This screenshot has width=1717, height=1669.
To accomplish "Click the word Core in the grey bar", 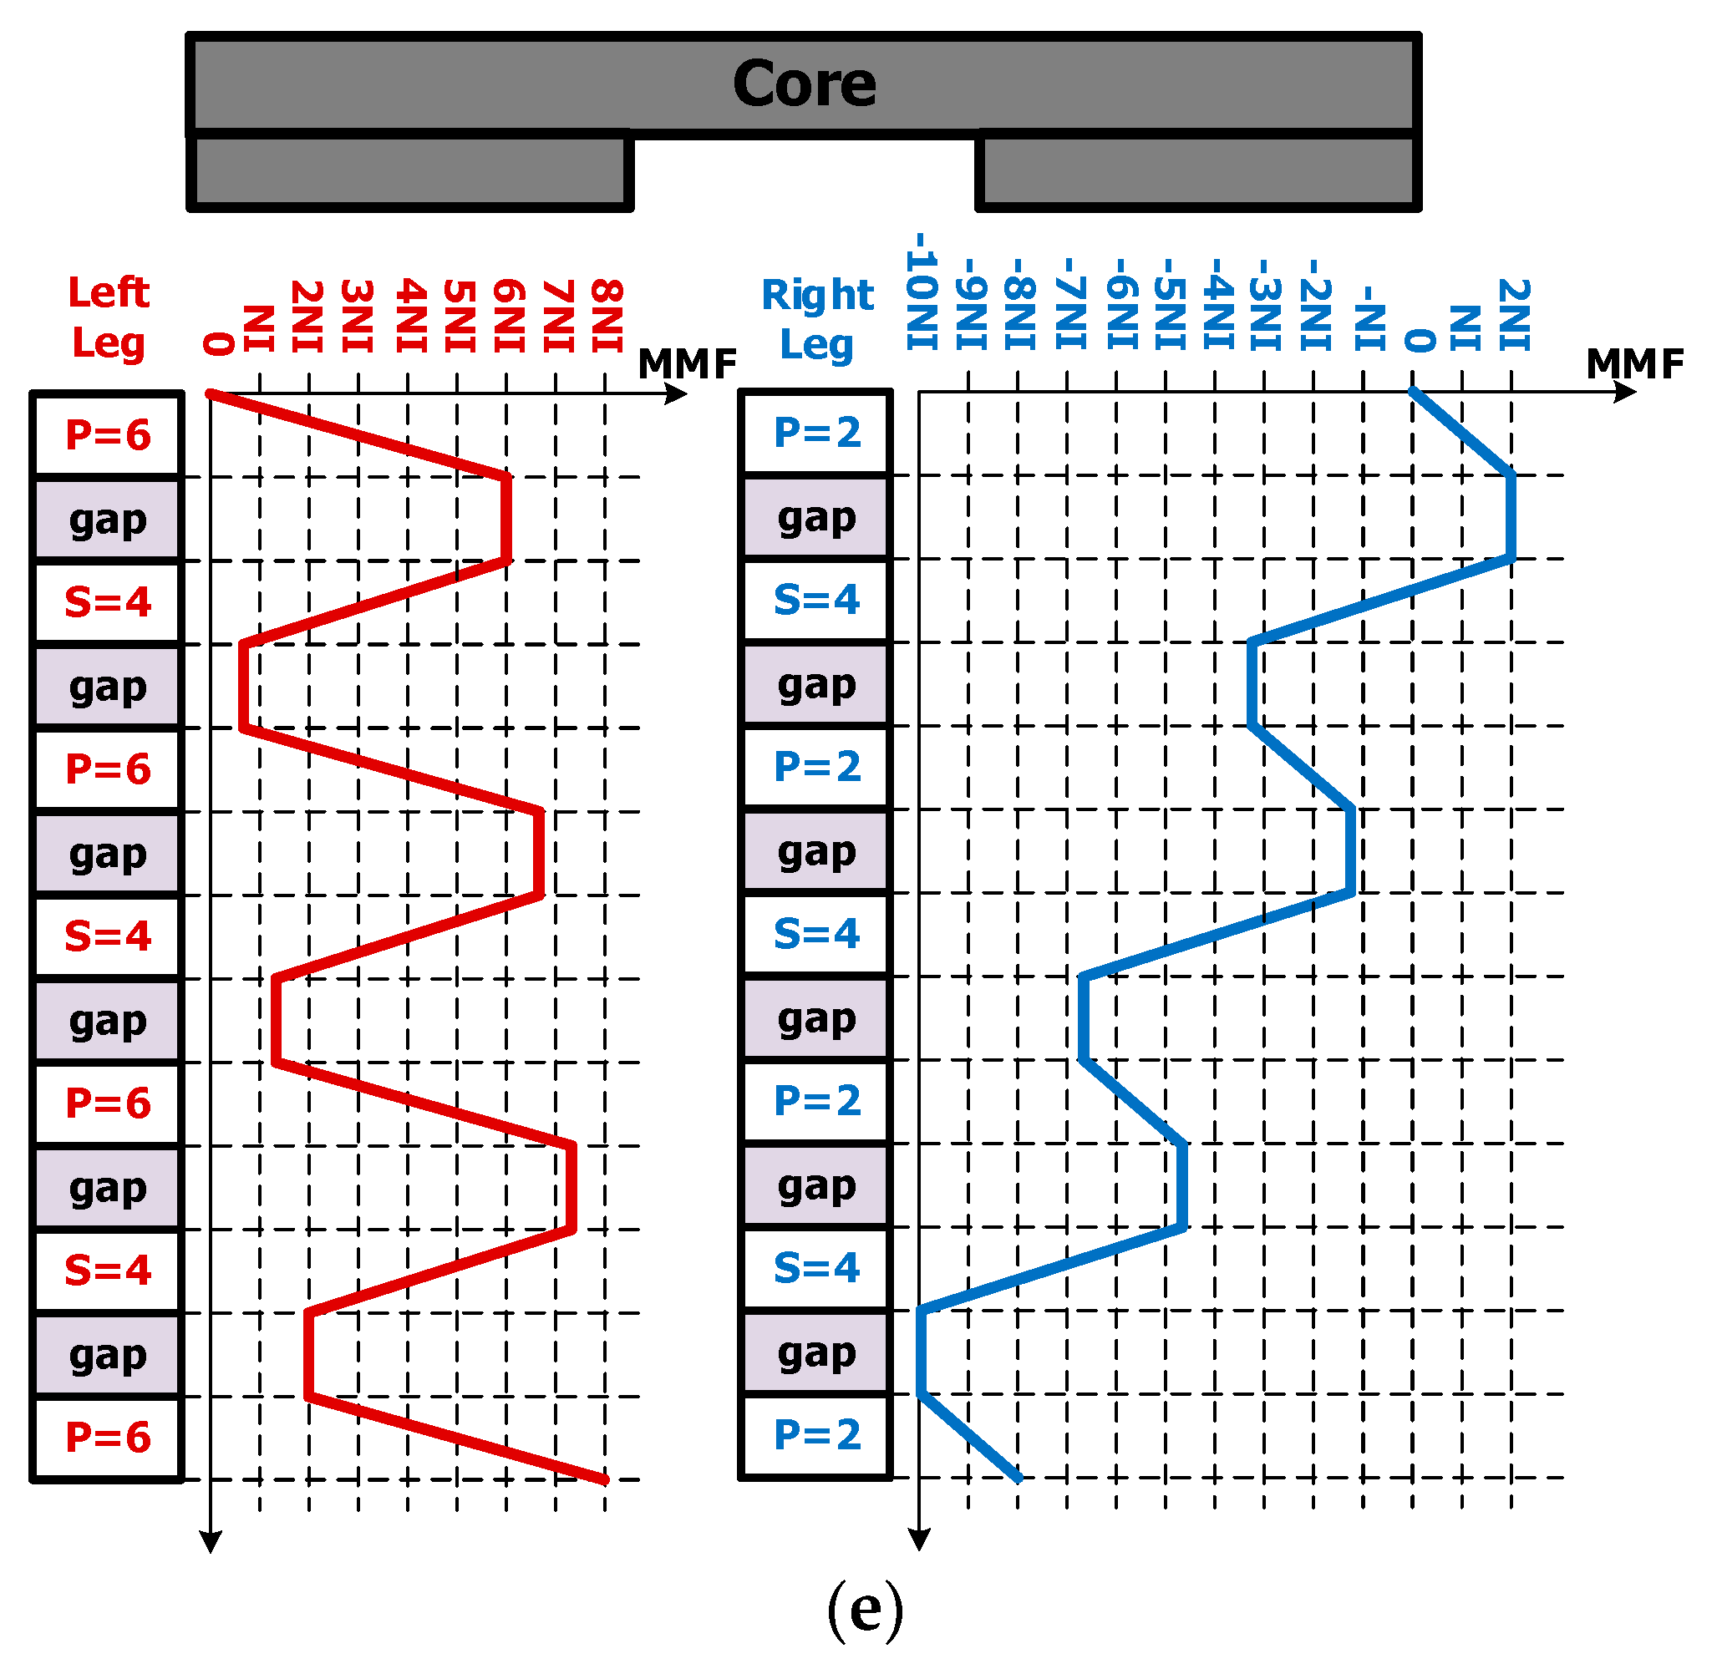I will pos(803,84).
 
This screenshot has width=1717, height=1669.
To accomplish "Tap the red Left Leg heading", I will pos(109,317).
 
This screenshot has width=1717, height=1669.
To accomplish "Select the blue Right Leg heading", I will pos(816,320).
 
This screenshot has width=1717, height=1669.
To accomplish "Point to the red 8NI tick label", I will pos(607,316).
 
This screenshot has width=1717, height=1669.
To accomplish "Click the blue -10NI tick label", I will pos(922,292).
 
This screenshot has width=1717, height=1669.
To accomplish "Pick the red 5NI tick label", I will pos(460,316).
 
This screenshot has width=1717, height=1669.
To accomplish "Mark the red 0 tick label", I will pos(218,343).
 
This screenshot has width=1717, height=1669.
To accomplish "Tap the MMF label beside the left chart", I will pos(687,363).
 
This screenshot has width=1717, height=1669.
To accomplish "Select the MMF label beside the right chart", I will pos(1634,363).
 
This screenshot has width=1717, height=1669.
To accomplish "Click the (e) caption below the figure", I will pos(865,1610).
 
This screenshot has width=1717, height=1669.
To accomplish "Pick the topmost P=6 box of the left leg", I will pos(108,434).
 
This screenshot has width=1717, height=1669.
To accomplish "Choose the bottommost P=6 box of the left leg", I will pos(108,1438).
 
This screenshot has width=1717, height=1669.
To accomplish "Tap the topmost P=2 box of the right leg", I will pos(816,432).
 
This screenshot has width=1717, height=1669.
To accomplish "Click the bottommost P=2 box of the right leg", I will pos(816,1435).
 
